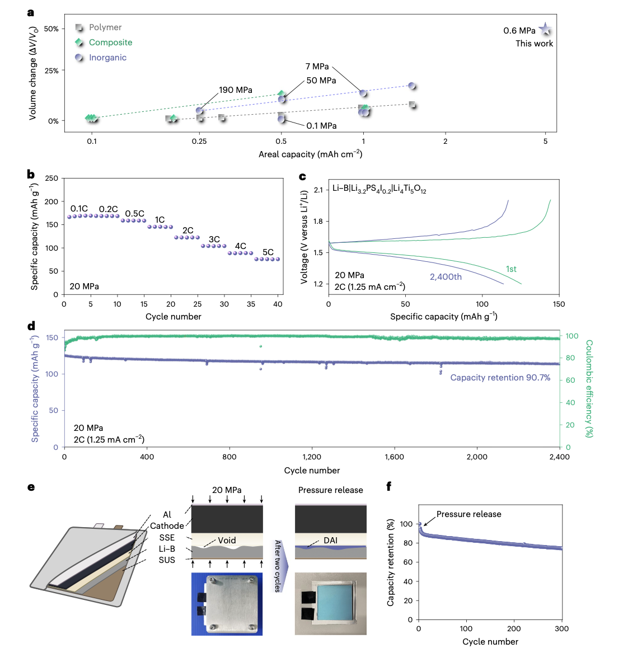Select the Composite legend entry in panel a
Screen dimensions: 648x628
point(110,43)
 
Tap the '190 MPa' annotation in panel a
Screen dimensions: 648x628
point(235,90)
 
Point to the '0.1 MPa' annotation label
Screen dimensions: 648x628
point(321,126)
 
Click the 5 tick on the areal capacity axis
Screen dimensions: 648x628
point(545,142)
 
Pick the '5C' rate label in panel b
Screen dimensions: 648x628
point(268,252)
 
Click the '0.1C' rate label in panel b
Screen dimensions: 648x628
point(79,209)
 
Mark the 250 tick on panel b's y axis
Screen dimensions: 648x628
point(51,179)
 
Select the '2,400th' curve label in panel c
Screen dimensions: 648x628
point(446,277)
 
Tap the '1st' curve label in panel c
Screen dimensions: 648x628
point(511,269)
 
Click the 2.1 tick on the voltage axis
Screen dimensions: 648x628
point(318,190)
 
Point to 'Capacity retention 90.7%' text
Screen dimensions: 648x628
point(500,378)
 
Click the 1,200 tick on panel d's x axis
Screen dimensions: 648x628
point(312,457)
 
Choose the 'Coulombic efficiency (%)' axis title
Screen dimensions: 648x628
point(589,388)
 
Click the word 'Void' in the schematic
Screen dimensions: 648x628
point(227,541)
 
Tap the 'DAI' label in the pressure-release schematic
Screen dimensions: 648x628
point(330,541)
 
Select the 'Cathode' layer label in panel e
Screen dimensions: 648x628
point(166,526)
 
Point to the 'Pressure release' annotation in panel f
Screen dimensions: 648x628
point(468,514)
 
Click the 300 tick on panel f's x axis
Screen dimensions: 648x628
point(561,629)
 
